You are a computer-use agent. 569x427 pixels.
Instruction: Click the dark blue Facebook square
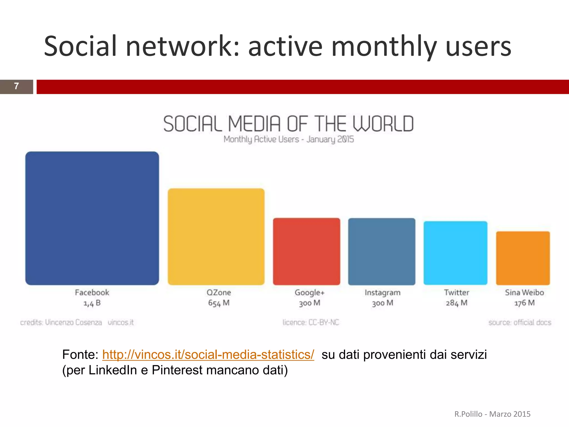point(92,218)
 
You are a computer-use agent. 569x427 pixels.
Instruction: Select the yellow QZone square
point(216,237)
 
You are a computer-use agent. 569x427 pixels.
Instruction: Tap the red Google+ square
point(306,251)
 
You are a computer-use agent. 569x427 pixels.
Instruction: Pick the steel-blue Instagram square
point(382,251)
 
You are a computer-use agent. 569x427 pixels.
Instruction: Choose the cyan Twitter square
point(455,253)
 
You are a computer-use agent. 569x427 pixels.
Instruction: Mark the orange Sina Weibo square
point(523,258)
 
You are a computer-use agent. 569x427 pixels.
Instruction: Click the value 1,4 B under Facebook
point(92,303)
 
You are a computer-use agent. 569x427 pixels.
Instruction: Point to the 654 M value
point(219,303)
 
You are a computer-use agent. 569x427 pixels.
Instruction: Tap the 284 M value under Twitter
point(456,303)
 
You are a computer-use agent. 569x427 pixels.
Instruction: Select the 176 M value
point(524,303)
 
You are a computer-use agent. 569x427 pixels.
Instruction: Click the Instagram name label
point(383,292)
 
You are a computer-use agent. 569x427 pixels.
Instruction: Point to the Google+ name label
point(310,292)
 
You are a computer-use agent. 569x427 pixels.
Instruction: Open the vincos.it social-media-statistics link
point(208,355)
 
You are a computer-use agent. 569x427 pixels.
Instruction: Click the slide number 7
point(16,86)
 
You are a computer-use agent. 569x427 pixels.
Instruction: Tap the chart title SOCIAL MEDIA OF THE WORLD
point(288,124)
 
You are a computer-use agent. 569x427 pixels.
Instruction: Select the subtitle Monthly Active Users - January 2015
point(289,139)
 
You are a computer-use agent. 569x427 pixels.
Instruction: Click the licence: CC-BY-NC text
point(311,322)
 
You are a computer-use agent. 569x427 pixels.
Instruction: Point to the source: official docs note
point(520,322)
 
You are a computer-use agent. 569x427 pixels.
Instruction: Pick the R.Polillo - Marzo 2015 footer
point(492,414)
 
